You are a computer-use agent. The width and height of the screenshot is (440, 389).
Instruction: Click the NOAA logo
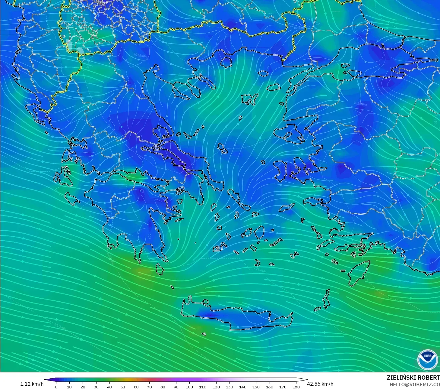427,359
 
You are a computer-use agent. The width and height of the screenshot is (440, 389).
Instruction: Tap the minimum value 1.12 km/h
32,384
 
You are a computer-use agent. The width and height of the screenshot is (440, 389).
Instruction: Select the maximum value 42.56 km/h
320,384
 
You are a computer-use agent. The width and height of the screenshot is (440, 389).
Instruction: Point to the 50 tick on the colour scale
123,387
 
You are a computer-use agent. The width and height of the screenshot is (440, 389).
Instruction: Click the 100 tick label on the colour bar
189,387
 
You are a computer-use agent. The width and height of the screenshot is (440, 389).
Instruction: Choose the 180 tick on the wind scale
296,387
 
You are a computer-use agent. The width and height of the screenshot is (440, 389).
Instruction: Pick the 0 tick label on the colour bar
56,387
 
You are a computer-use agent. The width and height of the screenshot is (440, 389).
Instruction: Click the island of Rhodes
358,273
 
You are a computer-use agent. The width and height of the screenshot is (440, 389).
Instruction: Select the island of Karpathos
326,299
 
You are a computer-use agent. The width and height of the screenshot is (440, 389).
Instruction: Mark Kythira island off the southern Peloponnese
160,269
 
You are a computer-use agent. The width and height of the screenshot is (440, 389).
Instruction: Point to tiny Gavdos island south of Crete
204,334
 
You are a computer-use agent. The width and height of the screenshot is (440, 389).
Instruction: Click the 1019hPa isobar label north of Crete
260,269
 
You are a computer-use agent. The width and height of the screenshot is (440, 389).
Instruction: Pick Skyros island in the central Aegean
222,148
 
